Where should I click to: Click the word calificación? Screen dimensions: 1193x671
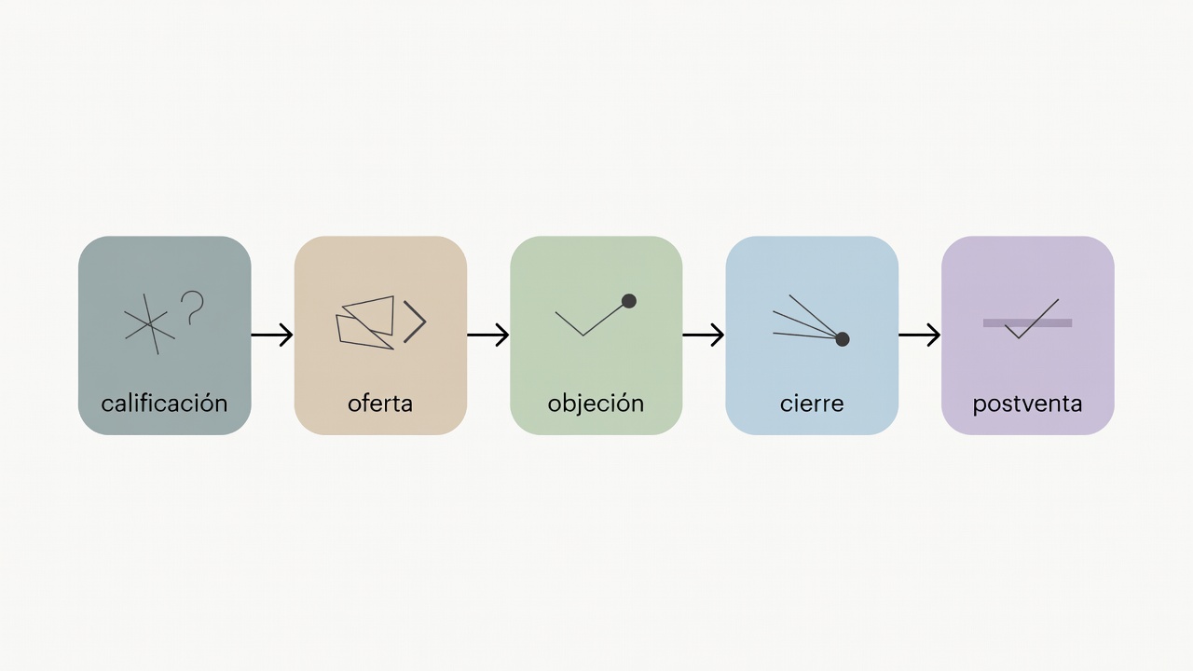(x=164, y=404)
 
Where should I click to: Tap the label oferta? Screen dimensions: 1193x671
(x=380, y=404)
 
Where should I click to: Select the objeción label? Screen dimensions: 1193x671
(x=596, y=404)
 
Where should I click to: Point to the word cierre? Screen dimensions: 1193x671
(x=812, y=404)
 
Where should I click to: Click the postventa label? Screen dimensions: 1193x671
(x=1027, y=404)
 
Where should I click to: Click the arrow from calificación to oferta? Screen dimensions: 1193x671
(x=272, y=335)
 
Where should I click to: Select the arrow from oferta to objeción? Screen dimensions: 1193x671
(x=487, y=335)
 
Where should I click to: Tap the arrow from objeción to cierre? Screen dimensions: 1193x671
(x=703, y=335)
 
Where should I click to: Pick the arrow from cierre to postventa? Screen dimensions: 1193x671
(x=919, y=335)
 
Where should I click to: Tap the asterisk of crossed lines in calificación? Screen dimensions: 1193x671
(x=150, y=323)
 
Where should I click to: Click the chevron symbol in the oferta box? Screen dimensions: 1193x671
(x=415, y=322)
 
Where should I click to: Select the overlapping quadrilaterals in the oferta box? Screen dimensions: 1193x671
(x=366, y=322)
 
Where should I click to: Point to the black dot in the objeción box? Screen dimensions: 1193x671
(x=629, y=301)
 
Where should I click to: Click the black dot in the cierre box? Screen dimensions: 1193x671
(x=842, y=338)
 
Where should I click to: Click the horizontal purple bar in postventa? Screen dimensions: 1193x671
(x=1027, y=322)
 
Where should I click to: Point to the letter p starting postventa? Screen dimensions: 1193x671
(x=980, y=407)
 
